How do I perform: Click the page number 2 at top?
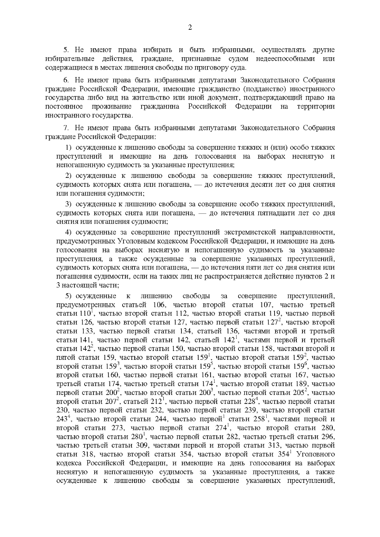(190, 28)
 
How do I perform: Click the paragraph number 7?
(66, 128)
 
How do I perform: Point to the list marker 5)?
(69, 296)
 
